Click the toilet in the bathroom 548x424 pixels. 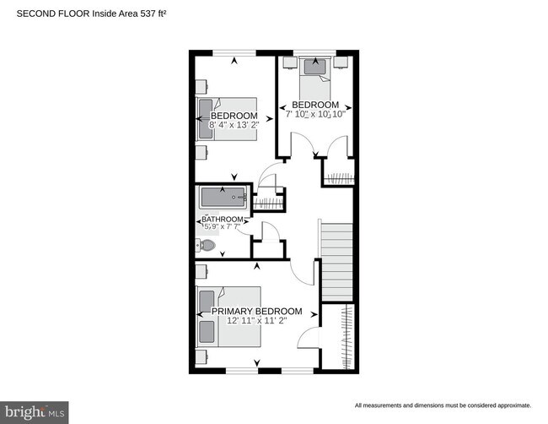pyautogui.click(x=207, y=246)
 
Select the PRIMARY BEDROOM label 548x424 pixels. pyautogui.click(x=255, y=311)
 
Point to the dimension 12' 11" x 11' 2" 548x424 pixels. pyautogui.click(x=255, y=321)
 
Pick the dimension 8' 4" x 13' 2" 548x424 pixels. pyautogui.click(x=234, y=126)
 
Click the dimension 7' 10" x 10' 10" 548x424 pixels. pyautogui.click(x=316, y=114)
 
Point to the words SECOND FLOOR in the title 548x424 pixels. pyautogui.click(x=53, y=13)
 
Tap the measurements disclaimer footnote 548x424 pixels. pyautogui.click(x=443, y=406)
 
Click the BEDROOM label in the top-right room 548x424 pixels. pyautogui.click(x=316, y=104)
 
